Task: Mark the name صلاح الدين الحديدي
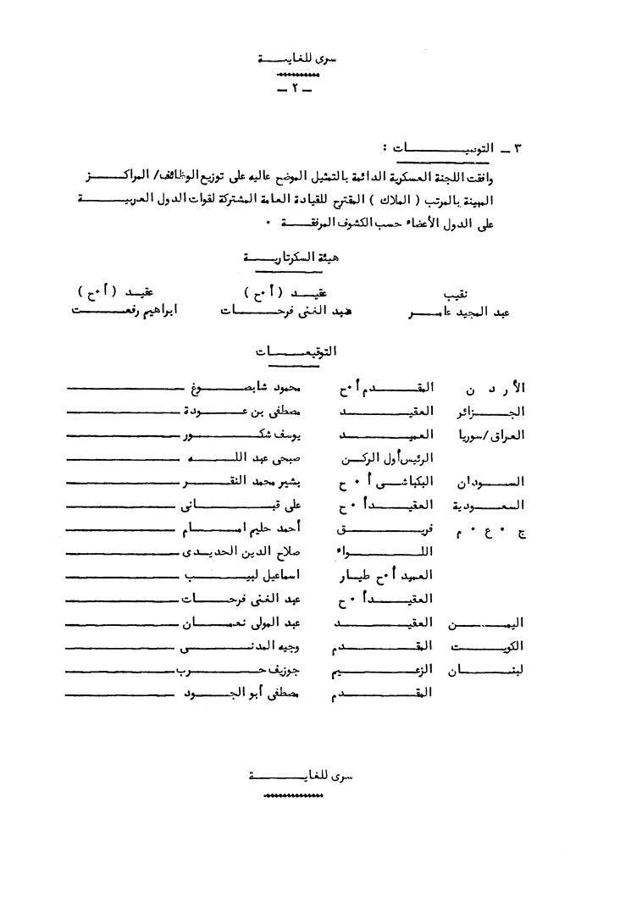246,552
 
